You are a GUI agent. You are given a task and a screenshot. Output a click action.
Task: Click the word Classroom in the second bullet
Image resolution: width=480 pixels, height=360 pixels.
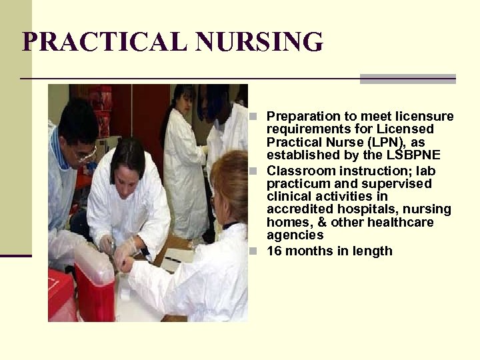coord(297,171)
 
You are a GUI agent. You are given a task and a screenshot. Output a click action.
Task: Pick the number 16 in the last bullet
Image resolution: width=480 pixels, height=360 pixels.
coord(274,251)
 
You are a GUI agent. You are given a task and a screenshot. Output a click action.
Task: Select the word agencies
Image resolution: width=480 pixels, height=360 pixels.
coord(295,235)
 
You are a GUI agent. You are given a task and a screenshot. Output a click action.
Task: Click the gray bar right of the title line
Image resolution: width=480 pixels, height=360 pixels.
coord(407,79)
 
